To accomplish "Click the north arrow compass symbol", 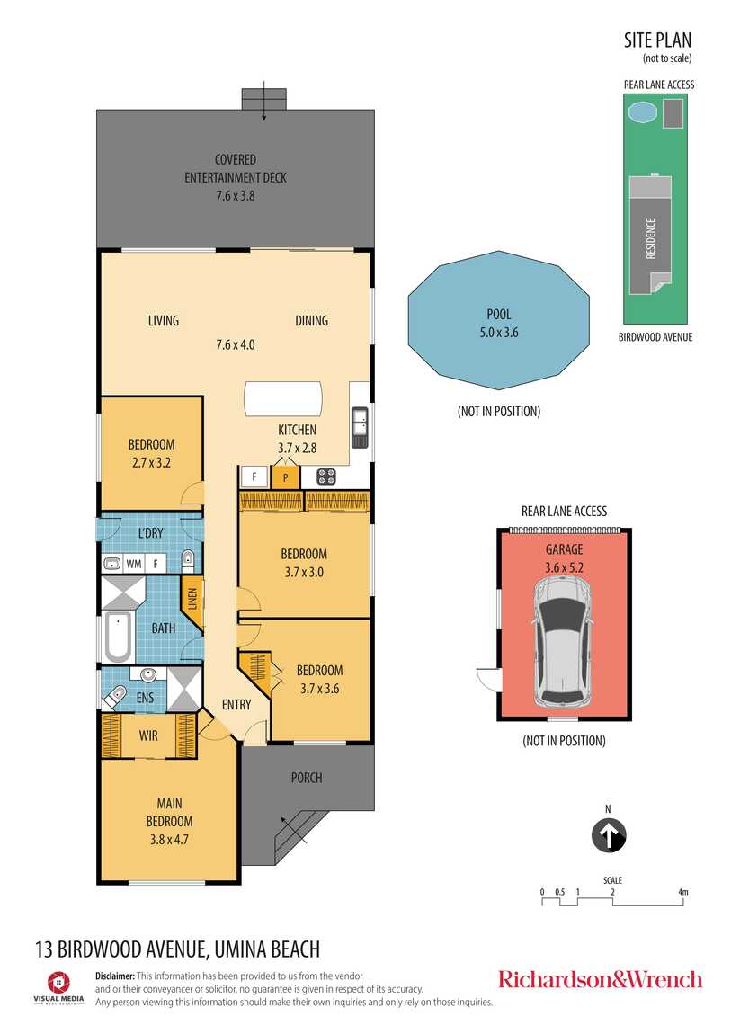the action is (609, 835).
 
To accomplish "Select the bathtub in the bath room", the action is (118, 637).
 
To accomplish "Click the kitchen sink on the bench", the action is (360, 427).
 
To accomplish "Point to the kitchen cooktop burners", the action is (326, 477).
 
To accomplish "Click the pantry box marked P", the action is (285, 477).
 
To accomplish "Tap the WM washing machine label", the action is (134, 564).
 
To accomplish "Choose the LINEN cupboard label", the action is (192, 600).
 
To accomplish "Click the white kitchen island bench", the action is (283, 398).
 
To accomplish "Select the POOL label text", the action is (499, 314).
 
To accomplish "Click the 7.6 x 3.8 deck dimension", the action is (236, 195).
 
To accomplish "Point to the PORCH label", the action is (307, 778).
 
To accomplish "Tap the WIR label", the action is (148, 735).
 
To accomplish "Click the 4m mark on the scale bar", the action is (682, 892).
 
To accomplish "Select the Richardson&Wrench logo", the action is (600, 979).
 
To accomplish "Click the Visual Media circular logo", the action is (58, 982).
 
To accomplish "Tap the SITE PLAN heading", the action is (658, 40).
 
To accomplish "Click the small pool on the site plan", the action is (643, 112).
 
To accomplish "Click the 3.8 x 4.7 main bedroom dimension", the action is (169, 840).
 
